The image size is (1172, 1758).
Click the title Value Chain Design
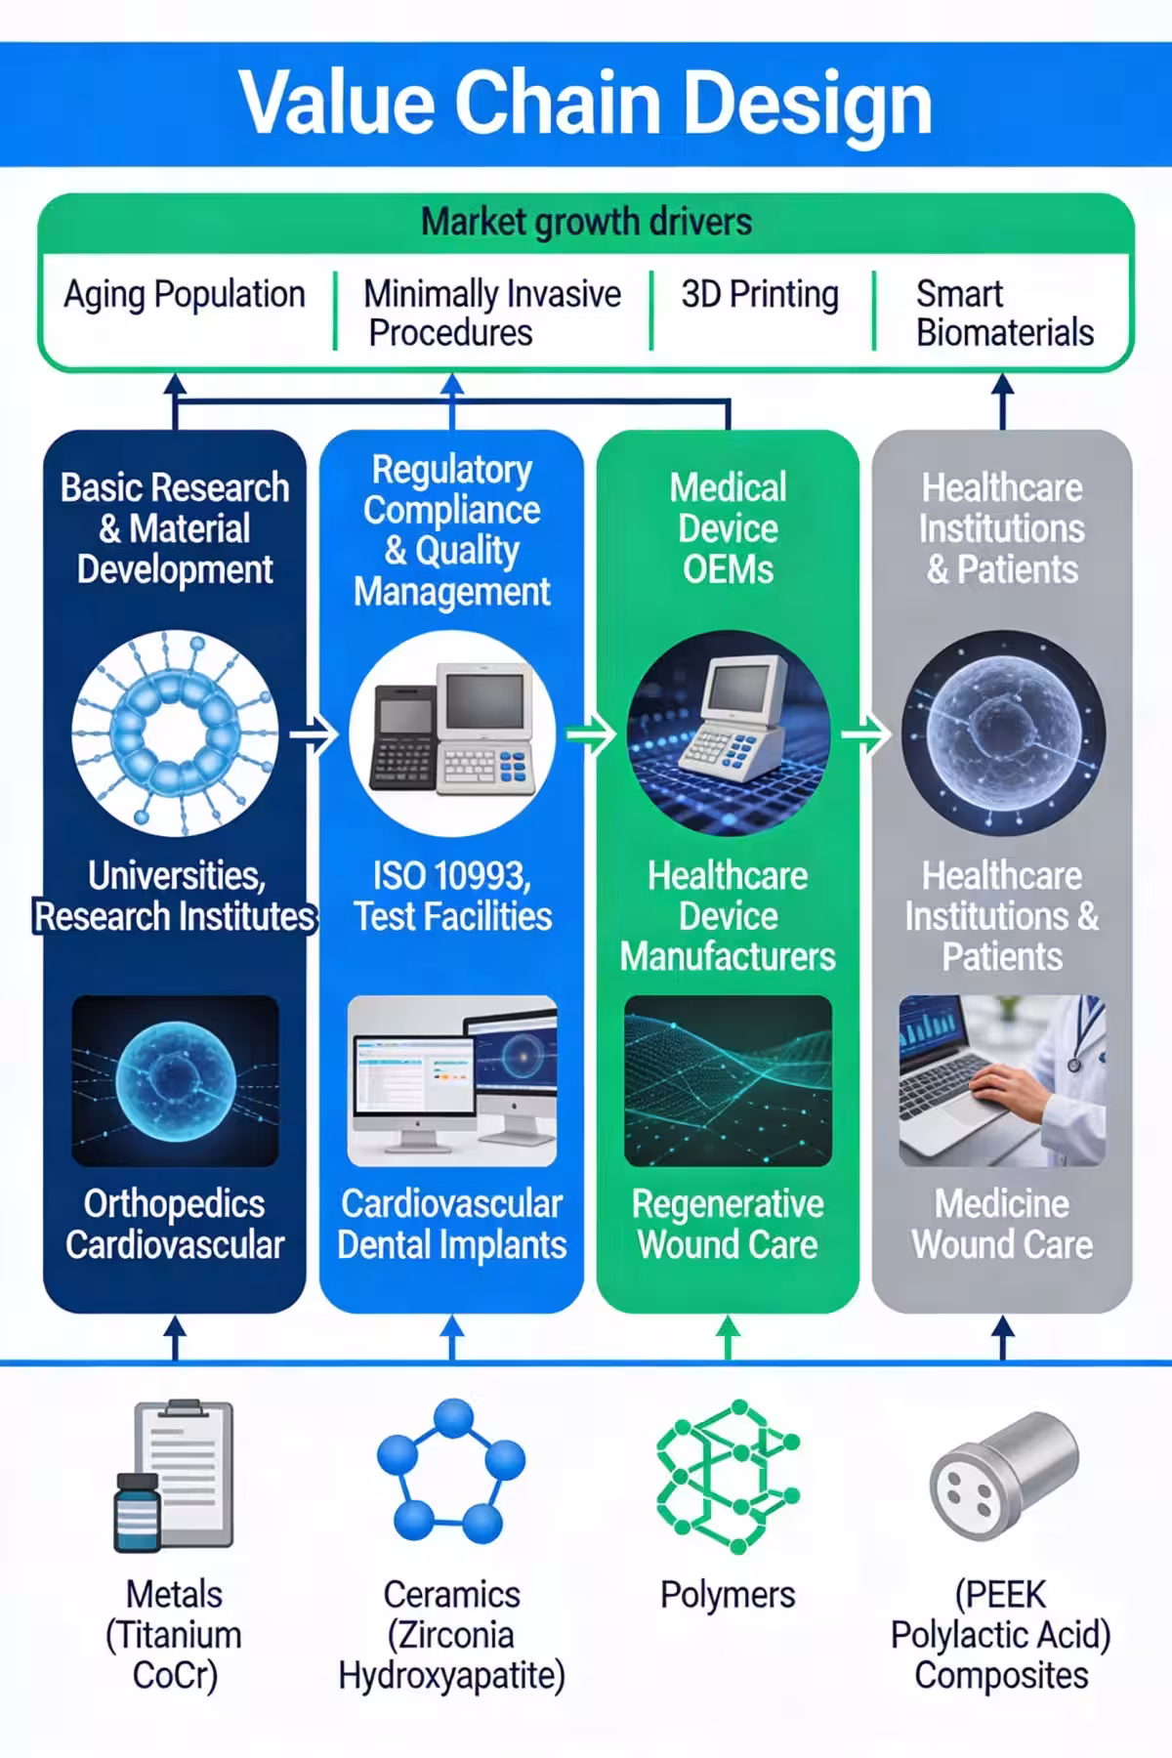point(586,103)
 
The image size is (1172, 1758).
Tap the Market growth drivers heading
point(586,223)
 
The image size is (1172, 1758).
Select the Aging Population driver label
point(185,294)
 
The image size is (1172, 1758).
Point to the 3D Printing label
point(760,294)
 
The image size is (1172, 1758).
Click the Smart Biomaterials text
point(1004,313)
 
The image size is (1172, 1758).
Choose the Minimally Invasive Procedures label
point(491,313)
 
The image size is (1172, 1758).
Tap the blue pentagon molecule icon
point(451,1470)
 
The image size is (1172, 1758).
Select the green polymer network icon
point(728,1475)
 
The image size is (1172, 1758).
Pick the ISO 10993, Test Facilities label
point(452,896)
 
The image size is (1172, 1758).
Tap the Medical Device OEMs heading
point(729,528)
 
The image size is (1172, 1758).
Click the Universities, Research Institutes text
point(176,896)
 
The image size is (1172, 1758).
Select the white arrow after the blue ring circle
point(314,733)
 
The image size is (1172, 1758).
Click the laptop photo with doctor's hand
point(1002,1081)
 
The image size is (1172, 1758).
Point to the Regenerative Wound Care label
point(729,1224)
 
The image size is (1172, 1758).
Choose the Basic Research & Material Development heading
point(176,528)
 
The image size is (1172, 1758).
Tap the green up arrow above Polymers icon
point(729,1335)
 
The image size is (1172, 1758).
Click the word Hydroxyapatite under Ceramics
point(451,1675)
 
